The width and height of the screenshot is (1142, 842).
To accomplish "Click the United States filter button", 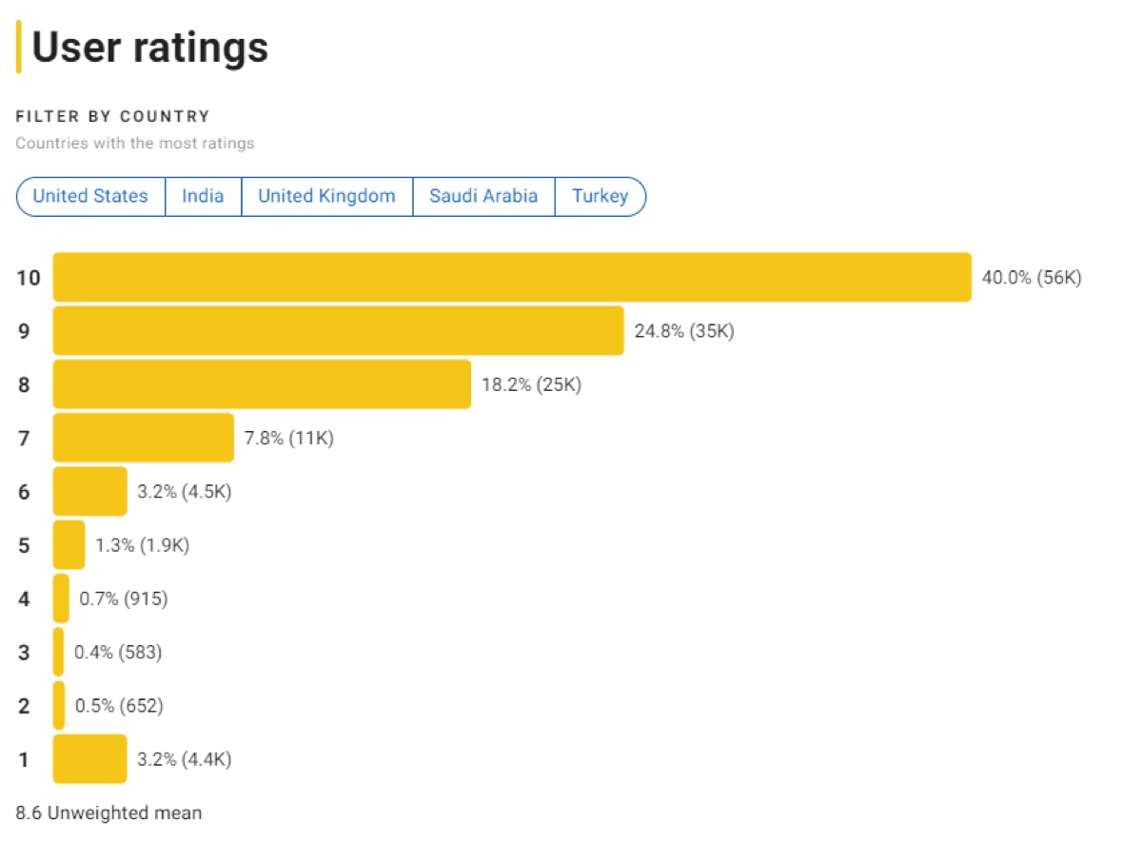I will coord(90,196).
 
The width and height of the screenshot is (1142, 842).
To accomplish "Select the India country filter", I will coord(203,196).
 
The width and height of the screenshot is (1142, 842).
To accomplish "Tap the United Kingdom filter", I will coord(326,196).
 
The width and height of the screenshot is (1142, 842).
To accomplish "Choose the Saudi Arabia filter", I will coord(483,196).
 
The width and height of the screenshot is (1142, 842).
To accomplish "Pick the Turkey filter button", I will coord(600,196).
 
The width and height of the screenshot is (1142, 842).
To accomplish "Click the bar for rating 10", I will coord(512,277).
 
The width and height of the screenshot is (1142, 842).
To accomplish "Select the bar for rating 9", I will coord(338,331).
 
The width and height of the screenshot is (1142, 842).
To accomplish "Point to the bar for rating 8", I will coord(262,384).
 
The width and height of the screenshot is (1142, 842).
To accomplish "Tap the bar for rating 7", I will coord(143,438).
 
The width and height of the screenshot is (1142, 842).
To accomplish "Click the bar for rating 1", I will coord(89,759).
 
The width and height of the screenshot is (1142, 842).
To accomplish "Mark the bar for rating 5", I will coord(69,545).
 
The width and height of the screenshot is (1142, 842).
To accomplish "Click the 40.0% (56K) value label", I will coord(1032,278).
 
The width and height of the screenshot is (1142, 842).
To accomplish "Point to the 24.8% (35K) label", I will coord(684,331).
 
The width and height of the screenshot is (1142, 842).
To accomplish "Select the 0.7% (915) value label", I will coord(124,599).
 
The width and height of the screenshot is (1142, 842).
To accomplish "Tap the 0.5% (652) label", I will coord(119,706).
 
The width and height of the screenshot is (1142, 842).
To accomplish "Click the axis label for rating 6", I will coord(24,492).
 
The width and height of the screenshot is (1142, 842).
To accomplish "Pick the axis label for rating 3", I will coord(24,653).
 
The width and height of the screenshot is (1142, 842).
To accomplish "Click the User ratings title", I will coord(149,48).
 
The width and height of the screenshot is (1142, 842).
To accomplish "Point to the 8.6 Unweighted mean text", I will coord(109,813).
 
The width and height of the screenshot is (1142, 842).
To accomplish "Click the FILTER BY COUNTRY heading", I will coord(112,116).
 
